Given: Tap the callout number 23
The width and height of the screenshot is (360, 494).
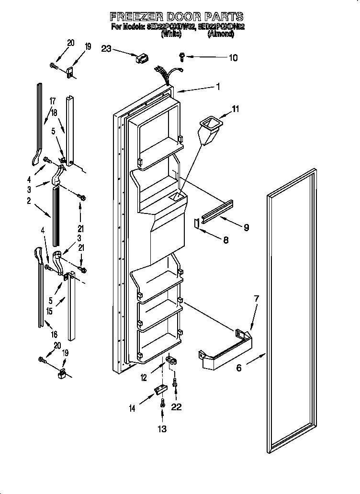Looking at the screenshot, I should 107,48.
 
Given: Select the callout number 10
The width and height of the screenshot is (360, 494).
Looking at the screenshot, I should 233,58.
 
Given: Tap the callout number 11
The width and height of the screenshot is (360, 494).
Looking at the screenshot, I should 235,110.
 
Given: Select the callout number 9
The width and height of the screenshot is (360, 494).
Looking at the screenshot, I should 246,227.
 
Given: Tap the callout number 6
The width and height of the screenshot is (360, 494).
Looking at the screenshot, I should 239,368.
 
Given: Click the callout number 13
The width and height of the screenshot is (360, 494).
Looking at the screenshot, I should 163,429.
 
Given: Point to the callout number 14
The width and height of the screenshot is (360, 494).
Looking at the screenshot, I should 132,408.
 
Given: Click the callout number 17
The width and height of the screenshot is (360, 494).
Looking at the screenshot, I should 52,101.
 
